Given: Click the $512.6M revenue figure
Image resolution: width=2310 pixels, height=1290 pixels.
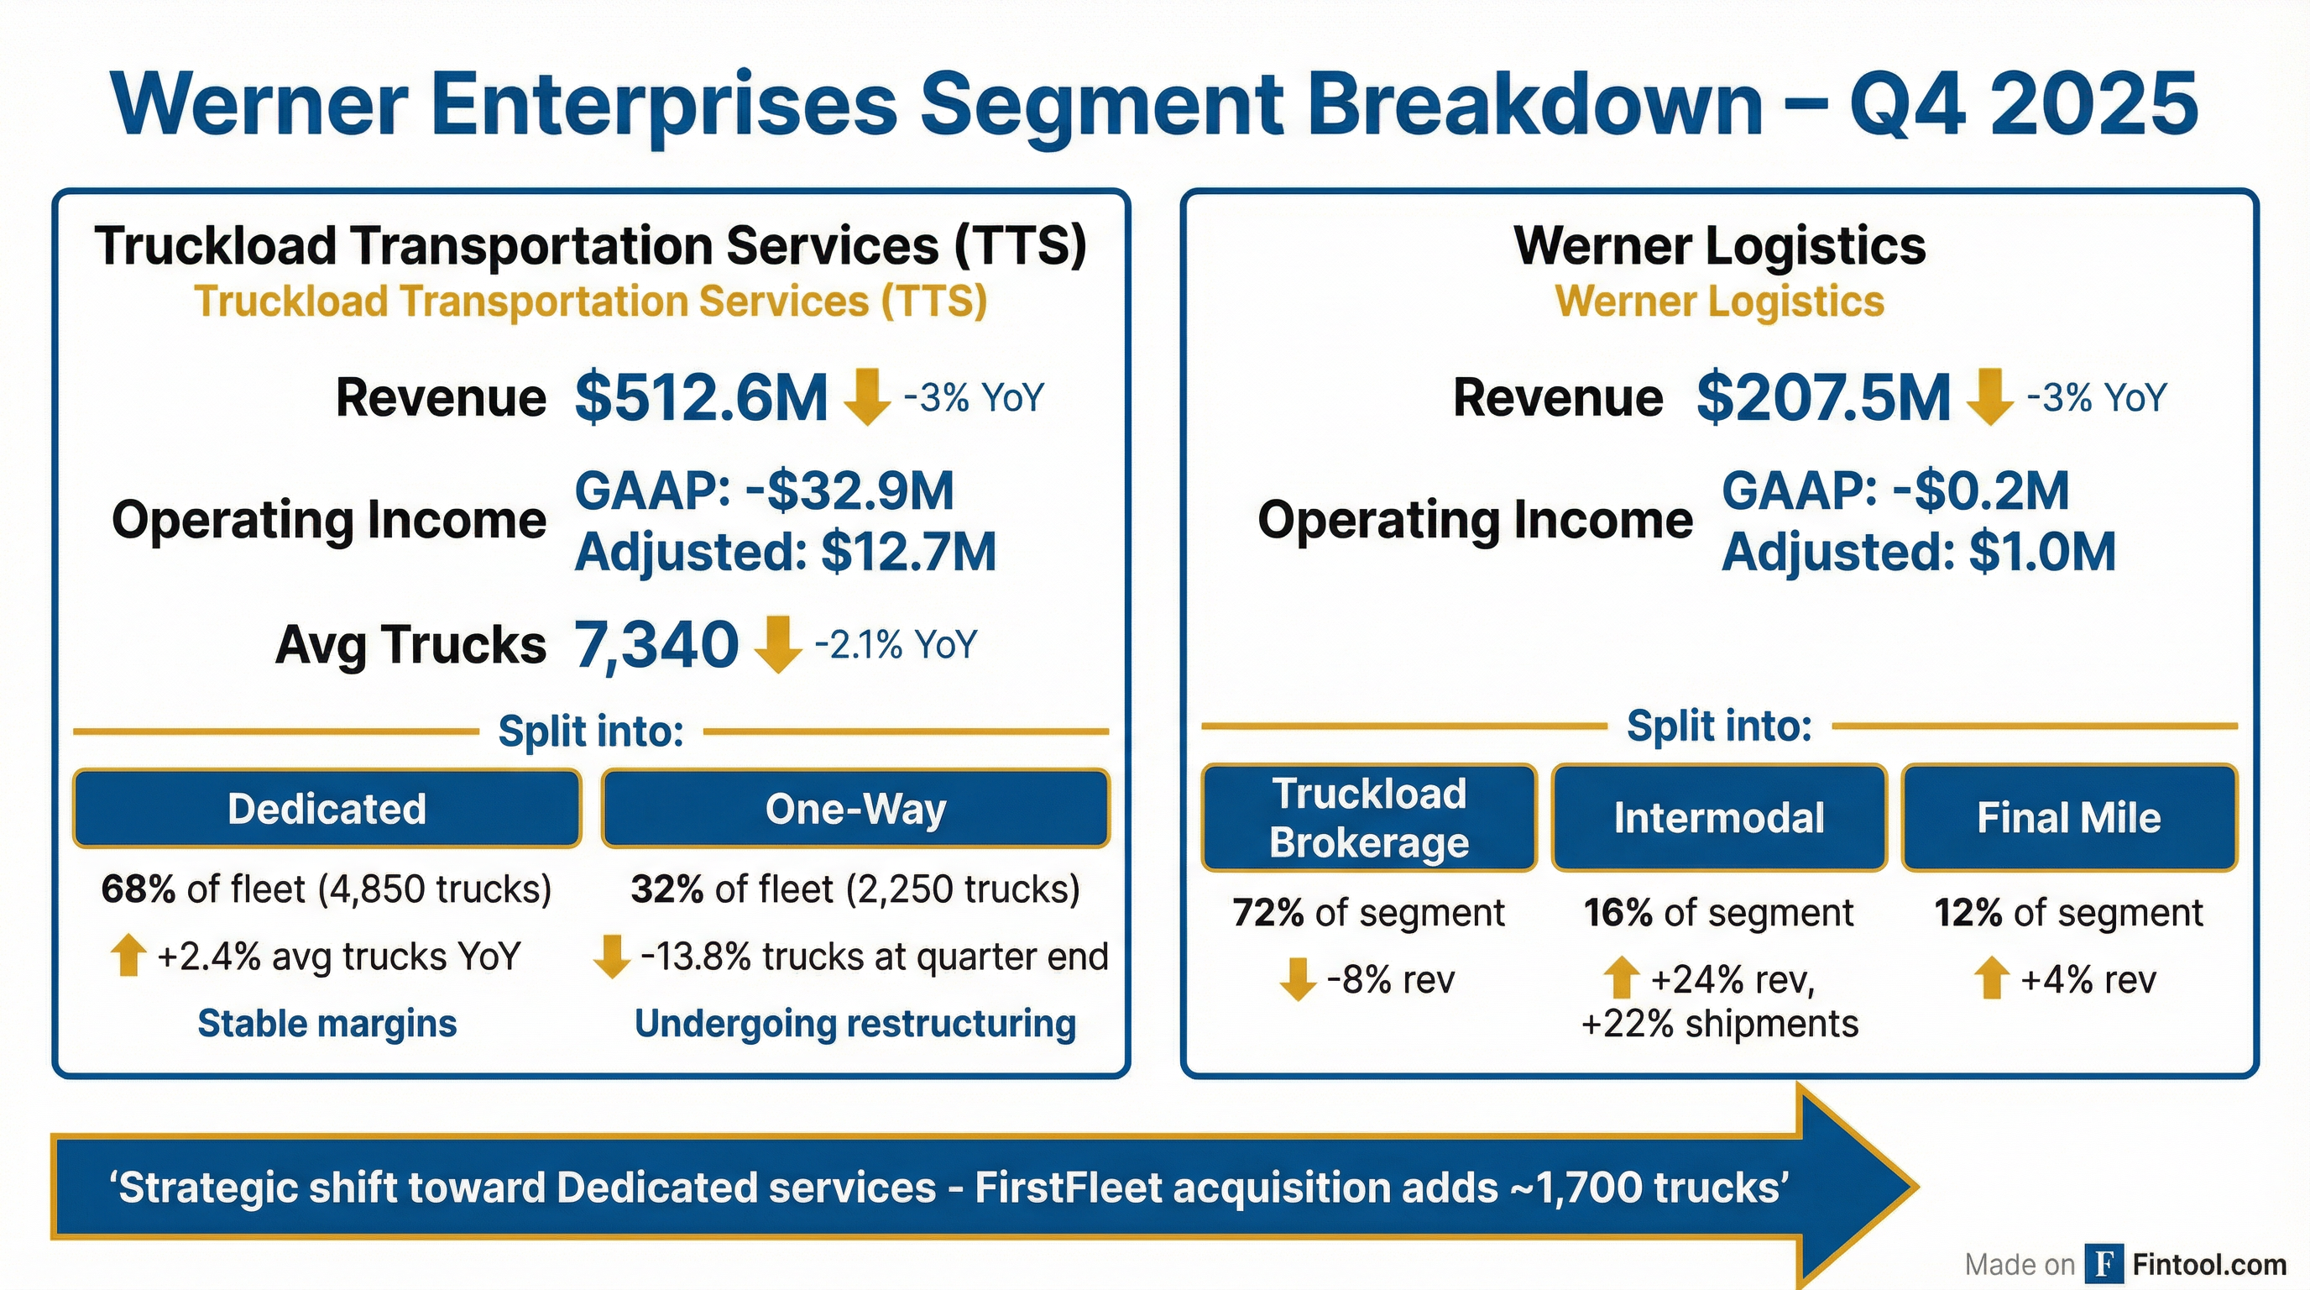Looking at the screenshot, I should pos(700,398).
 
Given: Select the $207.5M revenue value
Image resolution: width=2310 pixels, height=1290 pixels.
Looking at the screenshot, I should pos(1823,398).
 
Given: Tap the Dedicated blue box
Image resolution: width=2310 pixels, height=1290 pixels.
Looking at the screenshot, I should pos(327,809).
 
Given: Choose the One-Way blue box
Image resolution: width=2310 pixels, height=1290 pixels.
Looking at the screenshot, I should pos(855,809).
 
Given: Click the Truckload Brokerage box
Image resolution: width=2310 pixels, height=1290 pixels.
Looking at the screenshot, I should pos(1368,818).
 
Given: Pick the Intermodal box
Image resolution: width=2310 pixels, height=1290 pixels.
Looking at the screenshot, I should pos(1719,818).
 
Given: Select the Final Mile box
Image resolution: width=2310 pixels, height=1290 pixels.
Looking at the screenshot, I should pos(2069,818).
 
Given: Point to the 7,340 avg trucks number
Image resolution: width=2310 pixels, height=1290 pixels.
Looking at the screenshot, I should pos(656,645).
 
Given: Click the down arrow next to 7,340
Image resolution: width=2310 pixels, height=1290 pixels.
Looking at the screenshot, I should pos(777,643).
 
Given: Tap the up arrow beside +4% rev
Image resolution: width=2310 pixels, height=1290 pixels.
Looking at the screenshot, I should pos(1992,978).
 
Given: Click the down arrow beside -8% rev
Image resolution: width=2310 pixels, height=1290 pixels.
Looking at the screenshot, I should pos(1297,978).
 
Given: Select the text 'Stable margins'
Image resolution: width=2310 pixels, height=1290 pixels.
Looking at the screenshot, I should pos(327,1024).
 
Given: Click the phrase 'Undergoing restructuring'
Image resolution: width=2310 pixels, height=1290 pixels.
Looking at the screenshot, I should pos(854,1024).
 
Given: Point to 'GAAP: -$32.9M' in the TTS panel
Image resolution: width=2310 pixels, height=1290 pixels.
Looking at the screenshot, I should pos(764,491).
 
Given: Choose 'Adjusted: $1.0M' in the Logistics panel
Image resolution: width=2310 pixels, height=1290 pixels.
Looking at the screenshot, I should pos(1918,552).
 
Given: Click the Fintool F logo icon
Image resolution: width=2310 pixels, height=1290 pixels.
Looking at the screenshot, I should pos(2103,1264).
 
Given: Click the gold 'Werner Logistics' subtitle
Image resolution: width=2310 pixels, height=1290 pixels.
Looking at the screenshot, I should pos(1719,302).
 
